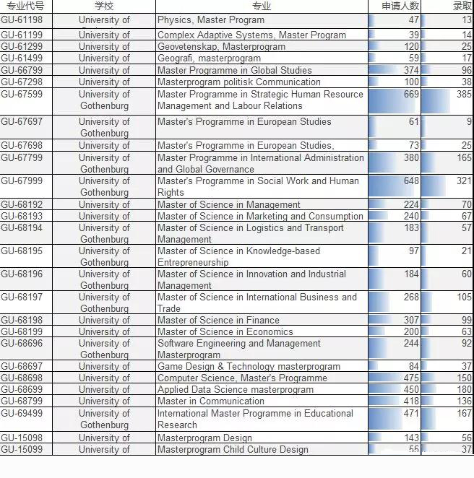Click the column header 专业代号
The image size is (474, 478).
(x=25, y=6)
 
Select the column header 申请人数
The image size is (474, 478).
(x=400, y=6)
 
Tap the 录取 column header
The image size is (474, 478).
(x=462, y=6)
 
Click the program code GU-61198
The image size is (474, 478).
(x=22, y=20)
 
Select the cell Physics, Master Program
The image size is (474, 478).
(x=211, y=20)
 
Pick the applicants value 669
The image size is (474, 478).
(x=411, y=95)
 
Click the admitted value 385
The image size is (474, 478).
(x=464, y=95)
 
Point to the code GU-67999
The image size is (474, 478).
(x=22, y=181)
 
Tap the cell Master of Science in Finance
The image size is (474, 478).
(x=218, y=320)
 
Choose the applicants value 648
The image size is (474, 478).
(x=411, y=181)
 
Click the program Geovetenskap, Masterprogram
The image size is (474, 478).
(x=221, y=46)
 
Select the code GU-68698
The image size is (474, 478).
(x=22, y=378)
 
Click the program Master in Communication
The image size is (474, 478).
(x=211, y=401)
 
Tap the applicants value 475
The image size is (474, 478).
(x=411, y=378)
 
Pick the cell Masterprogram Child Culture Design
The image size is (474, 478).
(x=233, y=449)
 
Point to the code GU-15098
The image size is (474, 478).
(x=22, y=438)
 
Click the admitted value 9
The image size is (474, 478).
(x=469, y=122)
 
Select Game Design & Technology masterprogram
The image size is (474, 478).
(x=249, y=366)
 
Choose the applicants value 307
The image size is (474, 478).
(x=411, y=320)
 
